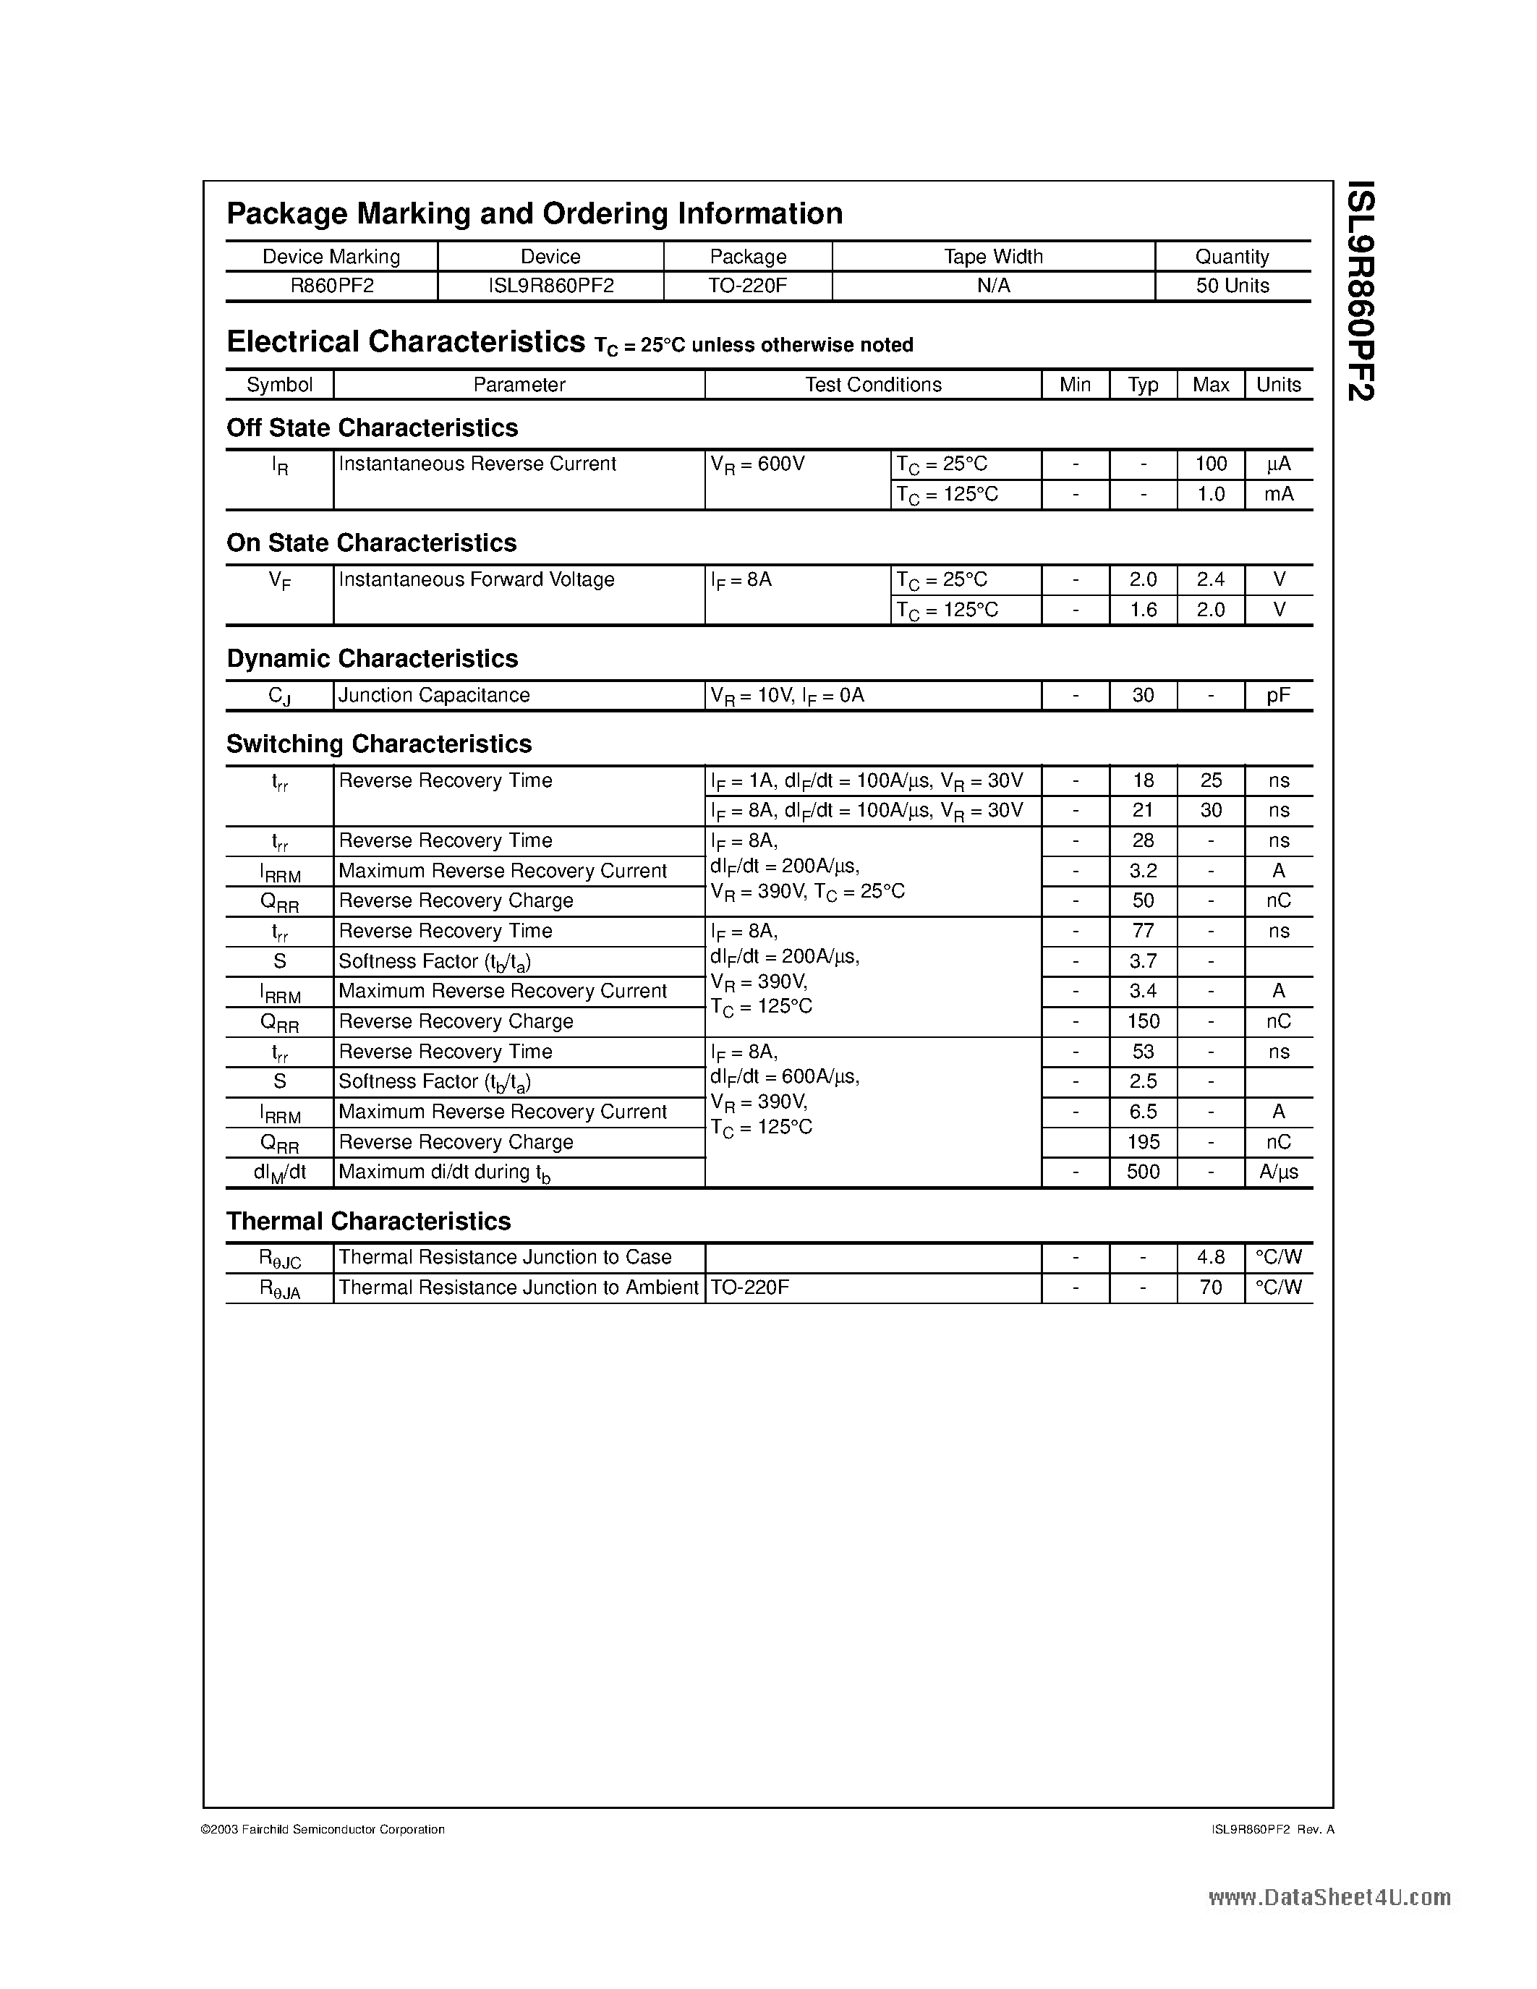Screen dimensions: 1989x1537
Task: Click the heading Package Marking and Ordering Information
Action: click(x=534, y=214)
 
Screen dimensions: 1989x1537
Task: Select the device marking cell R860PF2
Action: click(x=331, y=286)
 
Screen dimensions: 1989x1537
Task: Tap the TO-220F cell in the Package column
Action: click(x=748, y=286)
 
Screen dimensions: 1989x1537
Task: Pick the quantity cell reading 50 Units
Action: click(x=1232, y=286)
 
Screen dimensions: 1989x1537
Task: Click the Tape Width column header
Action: click(x=993, y=257)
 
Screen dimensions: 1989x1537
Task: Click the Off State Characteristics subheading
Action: click(x=372, y=428)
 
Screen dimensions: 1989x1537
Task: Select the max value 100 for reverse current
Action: click(x=1210, y=464)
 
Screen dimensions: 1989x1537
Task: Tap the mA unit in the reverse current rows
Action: click(x=1278, y=495)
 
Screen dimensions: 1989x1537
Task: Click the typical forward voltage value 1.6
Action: click(x=1143, y=610)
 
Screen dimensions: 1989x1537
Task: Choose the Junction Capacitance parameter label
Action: click(x=433, y=696)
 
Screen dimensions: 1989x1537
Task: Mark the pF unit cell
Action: click(x=1278, y=696)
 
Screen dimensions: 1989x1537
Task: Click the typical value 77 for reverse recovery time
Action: click(x=1143, y=932)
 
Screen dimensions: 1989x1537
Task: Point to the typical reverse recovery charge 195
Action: click(x=1143, y=1142)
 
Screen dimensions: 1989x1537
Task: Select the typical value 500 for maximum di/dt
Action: click(x=1143, y=1172)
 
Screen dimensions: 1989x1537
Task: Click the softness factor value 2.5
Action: click(x=1143, y=1082)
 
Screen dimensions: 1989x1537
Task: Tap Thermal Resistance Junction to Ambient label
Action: click(x=518, y=1287)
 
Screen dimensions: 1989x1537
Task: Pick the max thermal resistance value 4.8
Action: click(x=1210, y=1258)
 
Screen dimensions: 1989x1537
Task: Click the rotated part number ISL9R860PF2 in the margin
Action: click(x=1361, y=291)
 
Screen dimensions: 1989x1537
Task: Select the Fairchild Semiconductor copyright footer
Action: click(x=323, y=1830)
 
